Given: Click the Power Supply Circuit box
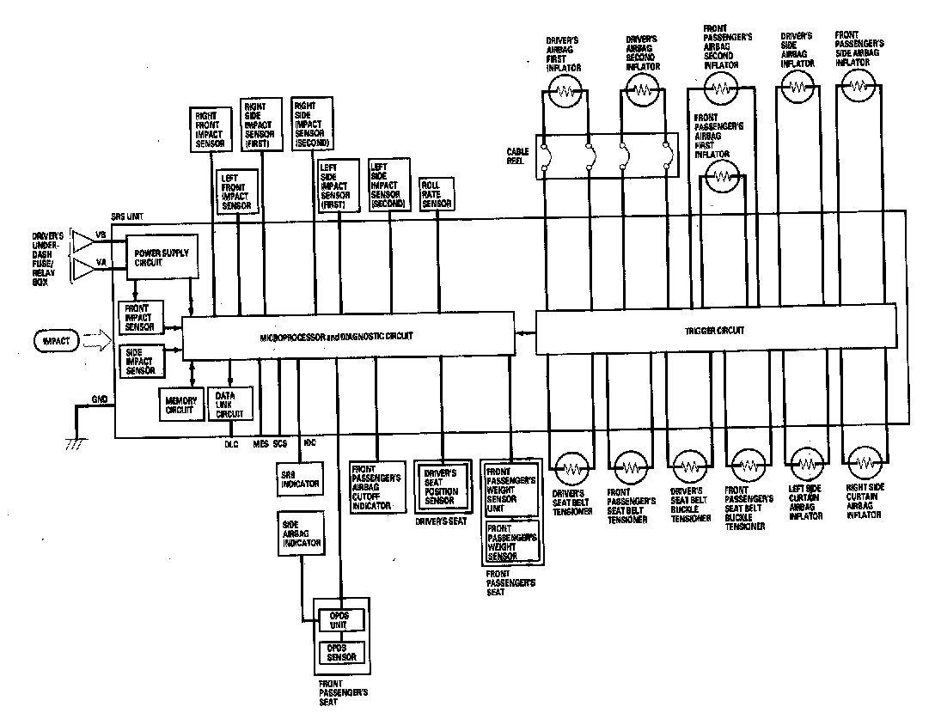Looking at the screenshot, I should pos(161,258).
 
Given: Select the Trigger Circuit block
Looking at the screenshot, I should pos(715,330).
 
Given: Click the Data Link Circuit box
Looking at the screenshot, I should pos(230,403).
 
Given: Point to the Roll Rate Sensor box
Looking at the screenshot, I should pos(437,194).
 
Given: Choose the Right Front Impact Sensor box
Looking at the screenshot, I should pos(210,130).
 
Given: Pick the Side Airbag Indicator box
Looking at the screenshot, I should pos(301,533).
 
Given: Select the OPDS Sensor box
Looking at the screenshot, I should pos(340,652).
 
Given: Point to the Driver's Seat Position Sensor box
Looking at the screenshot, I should pos(441,487).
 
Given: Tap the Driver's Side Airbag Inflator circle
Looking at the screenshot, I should pos(797,86).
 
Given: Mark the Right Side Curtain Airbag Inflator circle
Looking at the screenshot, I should pos(862,464).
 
